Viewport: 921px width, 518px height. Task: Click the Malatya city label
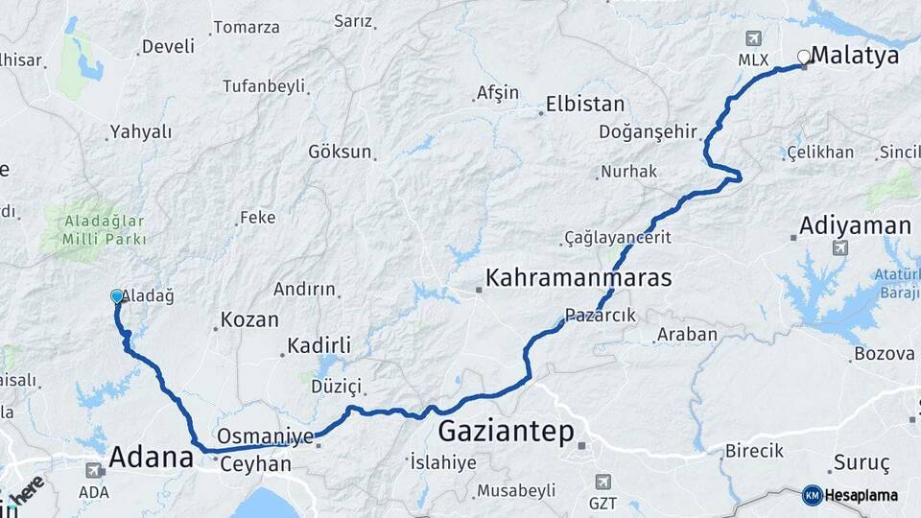point(855,56)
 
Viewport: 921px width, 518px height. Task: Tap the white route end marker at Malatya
point(804,58)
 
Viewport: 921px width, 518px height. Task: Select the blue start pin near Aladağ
point(117,297)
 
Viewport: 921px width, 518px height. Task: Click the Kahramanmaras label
point(579,279)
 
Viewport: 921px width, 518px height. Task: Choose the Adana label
point(151,458)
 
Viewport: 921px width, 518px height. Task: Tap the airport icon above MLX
point(753,38)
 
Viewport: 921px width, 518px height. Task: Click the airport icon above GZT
point(602,482)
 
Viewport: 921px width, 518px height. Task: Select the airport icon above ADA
point(94,471)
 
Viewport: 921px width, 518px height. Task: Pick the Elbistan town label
point(585,104)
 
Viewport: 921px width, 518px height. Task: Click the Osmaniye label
point(266,436)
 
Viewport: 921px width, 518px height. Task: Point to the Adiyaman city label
point(855,226)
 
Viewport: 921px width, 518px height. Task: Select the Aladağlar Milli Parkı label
point(106,230)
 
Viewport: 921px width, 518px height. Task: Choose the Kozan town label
point(249,320)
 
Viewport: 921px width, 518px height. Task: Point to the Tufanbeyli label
point(263,86)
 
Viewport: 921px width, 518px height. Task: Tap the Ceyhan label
point(255,464)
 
